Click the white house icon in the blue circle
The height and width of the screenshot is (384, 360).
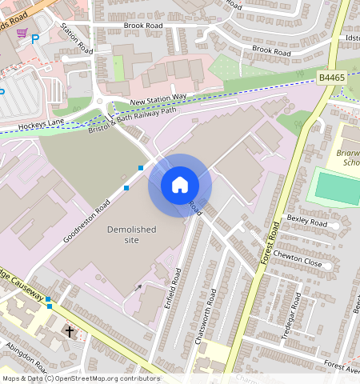[180, 186]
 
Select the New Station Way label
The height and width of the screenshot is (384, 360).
[158, 98]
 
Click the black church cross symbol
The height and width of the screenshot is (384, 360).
[69, 330]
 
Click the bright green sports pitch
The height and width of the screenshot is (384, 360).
[336, 186]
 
